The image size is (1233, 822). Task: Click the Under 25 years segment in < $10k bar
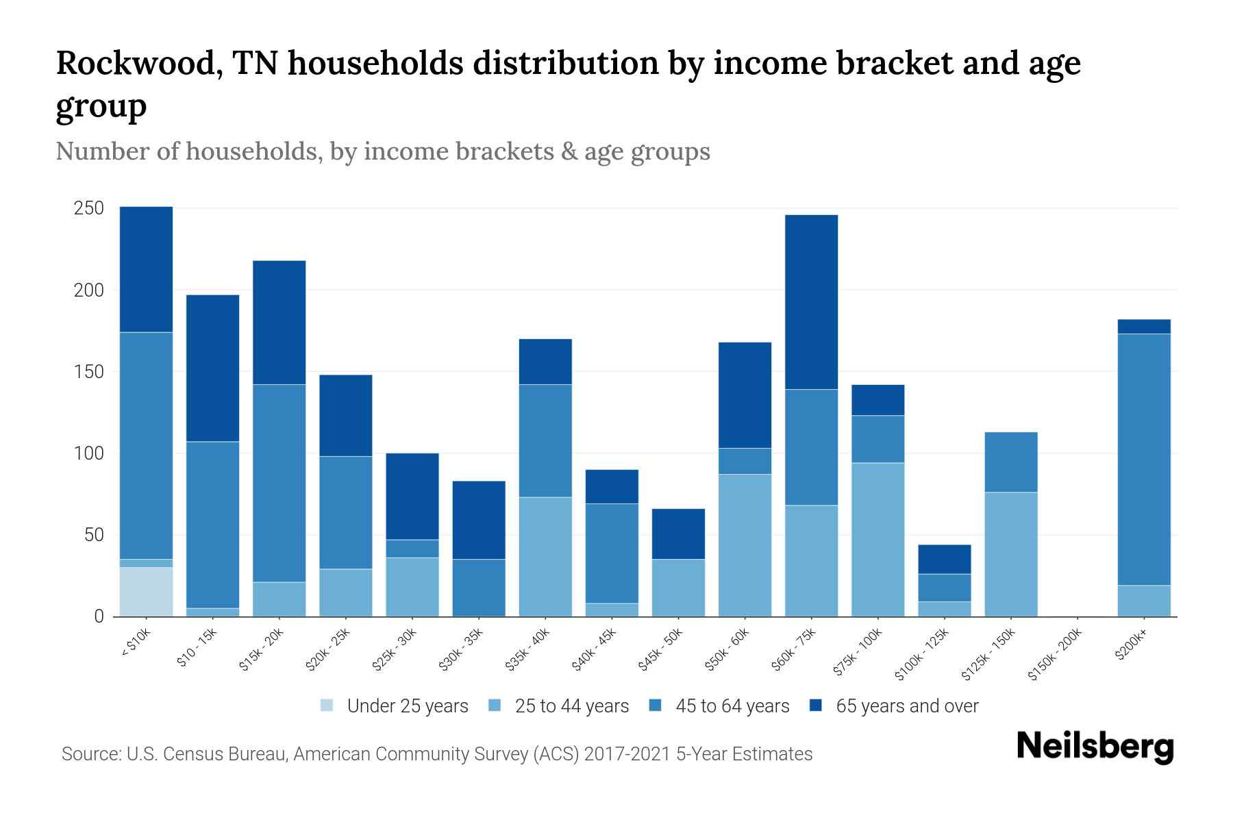(146, 592)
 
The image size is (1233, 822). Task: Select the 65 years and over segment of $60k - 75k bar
(811, 302)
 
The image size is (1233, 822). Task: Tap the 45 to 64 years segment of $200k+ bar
(1143, 459)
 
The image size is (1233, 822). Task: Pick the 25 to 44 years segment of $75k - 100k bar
(877, 540)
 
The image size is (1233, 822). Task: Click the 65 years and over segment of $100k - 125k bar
(944, 559)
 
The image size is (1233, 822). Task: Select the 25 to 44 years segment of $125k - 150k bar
(1010, 554)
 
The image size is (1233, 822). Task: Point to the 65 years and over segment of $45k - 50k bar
(678, 534)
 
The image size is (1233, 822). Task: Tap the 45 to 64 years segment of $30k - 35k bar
(479, 588)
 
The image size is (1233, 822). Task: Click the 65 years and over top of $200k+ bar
(1143, 327)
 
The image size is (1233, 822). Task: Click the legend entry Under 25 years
(407, 706)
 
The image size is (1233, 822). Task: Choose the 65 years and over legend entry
(906, 706)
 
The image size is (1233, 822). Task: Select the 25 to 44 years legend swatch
(495, 706)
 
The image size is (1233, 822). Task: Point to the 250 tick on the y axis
(88, 208)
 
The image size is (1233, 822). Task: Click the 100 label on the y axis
(88, 453)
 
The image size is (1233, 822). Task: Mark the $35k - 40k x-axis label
(528, 649)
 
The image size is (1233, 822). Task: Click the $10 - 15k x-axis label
(197, 647)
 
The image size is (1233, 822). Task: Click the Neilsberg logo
(1095, 747)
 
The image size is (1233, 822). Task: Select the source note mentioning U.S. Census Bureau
(436, 754)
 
